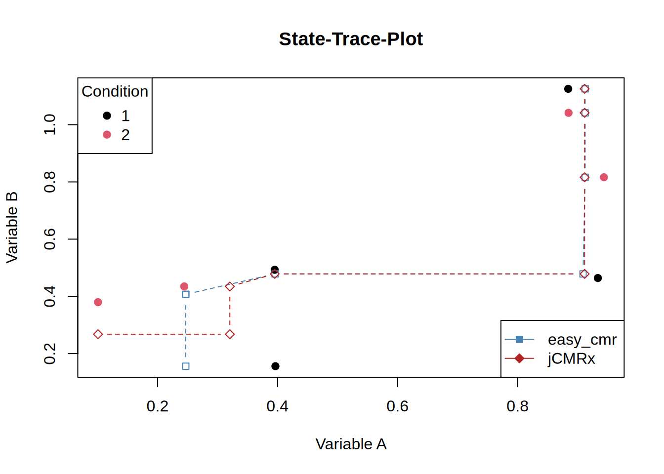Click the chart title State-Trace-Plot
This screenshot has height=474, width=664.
351,39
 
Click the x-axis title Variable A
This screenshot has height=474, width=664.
351,444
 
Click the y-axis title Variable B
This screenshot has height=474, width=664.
12,227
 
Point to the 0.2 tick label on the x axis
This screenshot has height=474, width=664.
158,406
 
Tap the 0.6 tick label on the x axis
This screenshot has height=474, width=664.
397,406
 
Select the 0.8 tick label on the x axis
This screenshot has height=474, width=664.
517,406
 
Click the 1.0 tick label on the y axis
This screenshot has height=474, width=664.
50,124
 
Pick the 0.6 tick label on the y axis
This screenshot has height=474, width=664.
50,239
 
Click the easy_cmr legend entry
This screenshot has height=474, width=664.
581,340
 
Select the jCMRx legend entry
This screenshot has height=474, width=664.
571,358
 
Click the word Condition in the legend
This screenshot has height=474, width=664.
115,91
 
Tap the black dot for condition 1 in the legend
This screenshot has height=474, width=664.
107,116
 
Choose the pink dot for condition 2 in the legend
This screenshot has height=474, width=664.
107,135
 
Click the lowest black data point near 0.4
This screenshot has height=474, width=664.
275,366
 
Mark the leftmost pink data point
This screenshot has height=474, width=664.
98,302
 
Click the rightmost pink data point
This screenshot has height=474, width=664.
604,177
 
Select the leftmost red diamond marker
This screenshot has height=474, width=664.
98,334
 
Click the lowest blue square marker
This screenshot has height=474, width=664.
186,366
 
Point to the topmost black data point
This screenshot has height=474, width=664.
568,89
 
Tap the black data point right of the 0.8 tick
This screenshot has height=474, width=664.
598,278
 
